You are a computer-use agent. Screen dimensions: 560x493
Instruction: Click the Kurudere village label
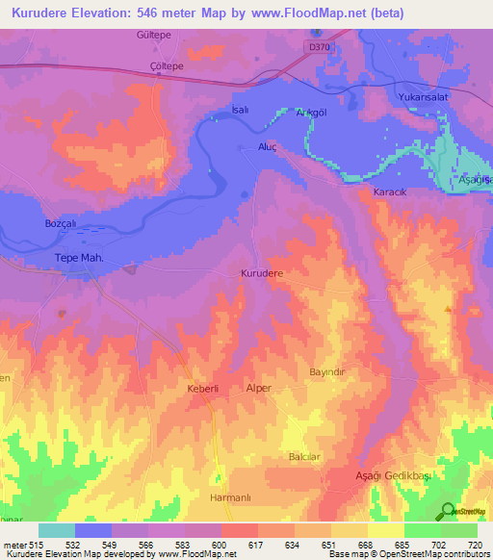coord(261,274)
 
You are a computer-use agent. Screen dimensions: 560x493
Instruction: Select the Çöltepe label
coord(138,66)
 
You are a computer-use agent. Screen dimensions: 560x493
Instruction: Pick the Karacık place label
coord(391,193)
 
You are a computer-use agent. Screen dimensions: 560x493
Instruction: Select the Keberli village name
coord(204,389)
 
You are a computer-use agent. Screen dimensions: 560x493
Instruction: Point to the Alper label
coord(259,388)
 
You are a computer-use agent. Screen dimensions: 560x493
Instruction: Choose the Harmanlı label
coord(230,497)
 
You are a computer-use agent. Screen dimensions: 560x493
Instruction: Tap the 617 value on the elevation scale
coord(258,546)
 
